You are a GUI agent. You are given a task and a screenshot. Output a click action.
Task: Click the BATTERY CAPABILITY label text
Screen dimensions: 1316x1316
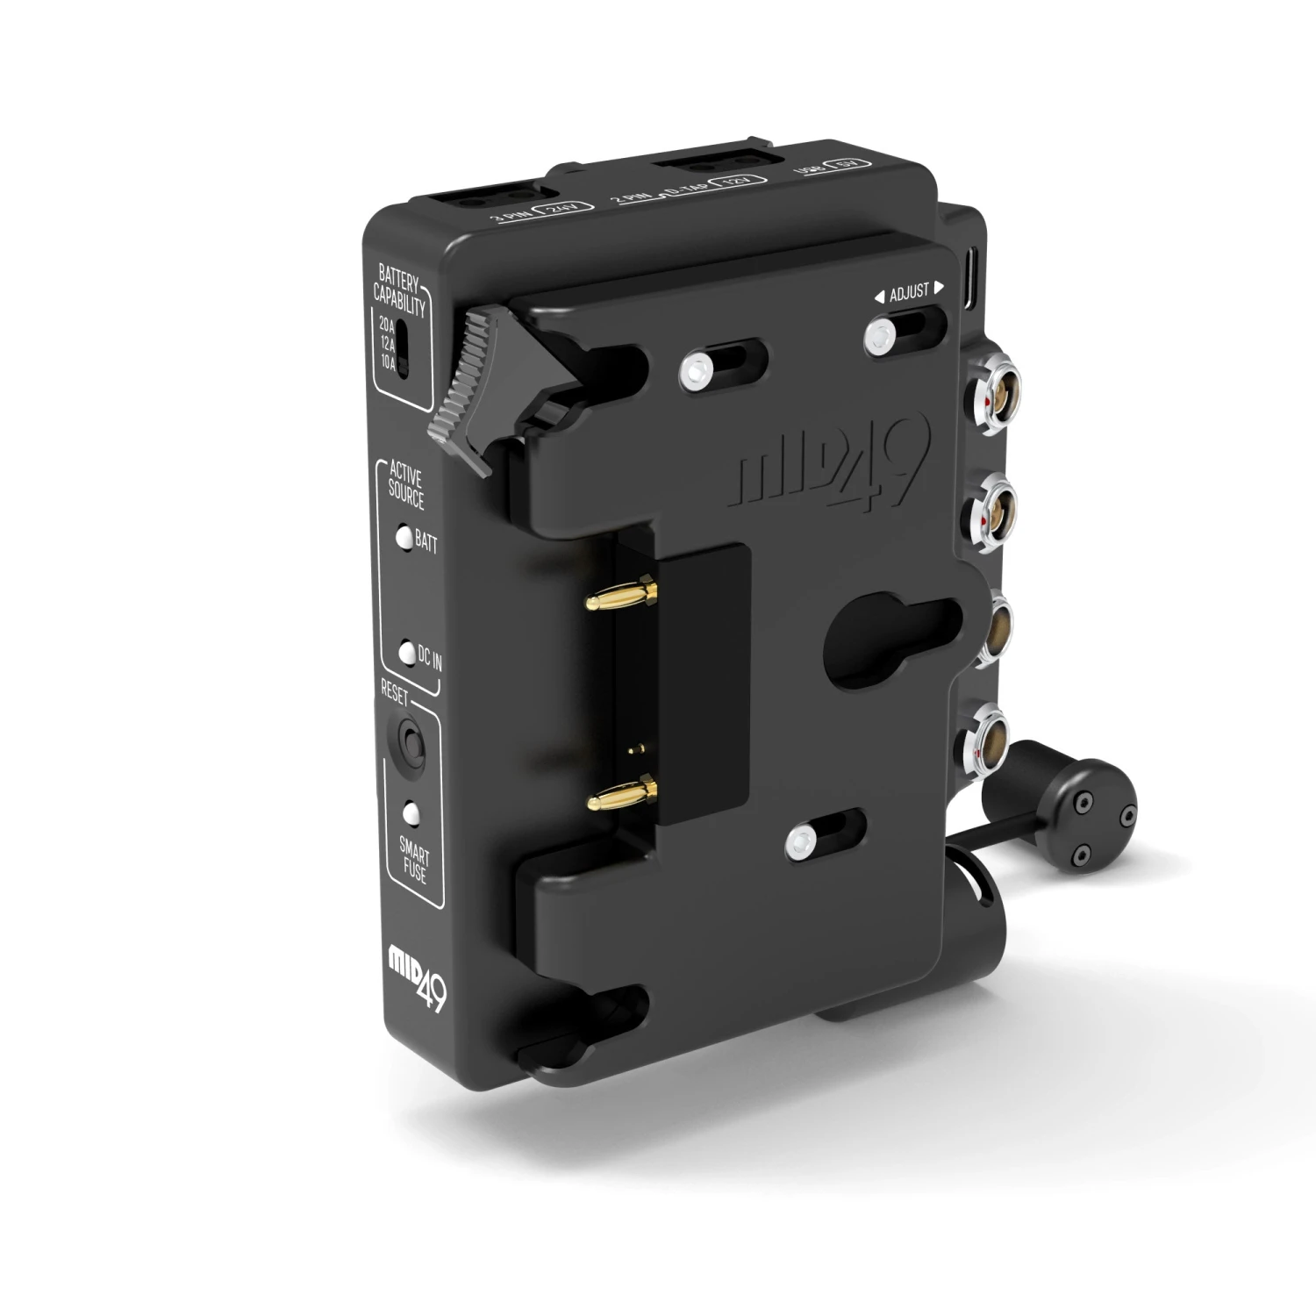(399, 292)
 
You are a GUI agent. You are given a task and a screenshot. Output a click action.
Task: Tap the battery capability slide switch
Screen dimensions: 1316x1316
(403, 348)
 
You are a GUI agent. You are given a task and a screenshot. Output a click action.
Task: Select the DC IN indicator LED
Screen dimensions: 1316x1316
(407, 654)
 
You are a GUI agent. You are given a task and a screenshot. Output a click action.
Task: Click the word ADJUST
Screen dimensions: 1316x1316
(909, 292)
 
